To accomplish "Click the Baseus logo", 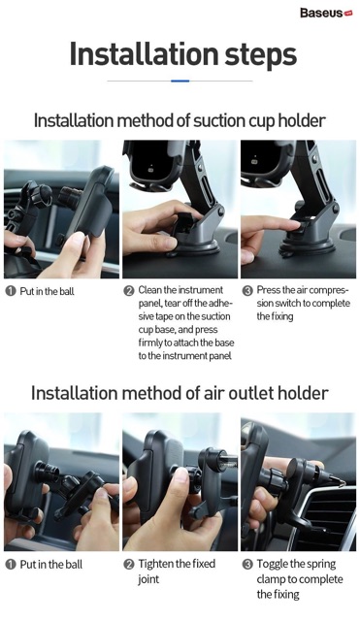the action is [326, 13].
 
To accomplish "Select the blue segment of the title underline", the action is [180, 81].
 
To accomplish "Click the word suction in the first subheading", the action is [219, 120].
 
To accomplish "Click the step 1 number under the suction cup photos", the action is [11, 291].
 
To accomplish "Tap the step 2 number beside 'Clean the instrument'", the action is [129, 291].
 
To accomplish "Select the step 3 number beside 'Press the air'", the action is [247, 291].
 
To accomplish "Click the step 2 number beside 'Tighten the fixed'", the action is [129, 565].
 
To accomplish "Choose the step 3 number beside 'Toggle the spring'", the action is [247, 565].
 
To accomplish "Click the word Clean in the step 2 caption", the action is [149, 290].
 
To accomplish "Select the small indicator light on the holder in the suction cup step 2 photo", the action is [150, 170].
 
